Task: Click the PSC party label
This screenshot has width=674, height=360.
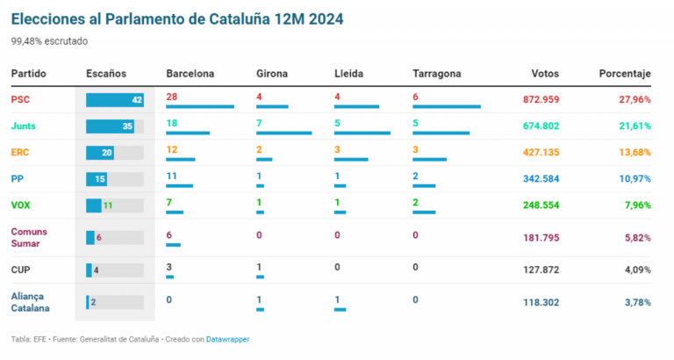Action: click(20, 100)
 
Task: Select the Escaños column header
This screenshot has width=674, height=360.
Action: click(106, 74)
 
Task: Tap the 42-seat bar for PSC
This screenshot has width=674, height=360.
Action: click(115, 100)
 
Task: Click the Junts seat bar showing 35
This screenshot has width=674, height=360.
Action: click(110, 126)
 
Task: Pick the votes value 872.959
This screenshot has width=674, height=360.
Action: click(534, 100)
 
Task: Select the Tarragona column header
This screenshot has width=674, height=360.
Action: click(436, 74)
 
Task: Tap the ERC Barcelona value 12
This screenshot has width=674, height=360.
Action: click(172, 150)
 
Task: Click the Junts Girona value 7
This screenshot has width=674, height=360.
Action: click(259, 124)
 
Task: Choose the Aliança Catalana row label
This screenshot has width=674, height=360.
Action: click(30, 302)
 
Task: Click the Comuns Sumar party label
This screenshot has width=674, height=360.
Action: click(30, 237)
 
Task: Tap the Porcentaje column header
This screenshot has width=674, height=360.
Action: click(625, 74)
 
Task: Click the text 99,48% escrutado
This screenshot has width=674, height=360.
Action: click(49, 40)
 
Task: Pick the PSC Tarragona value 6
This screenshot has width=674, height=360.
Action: click(416, 97)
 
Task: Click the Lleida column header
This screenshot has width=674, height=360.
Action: click(348, 74)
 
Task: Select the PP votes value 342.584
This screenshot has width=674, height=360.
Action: click(534, 179)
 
